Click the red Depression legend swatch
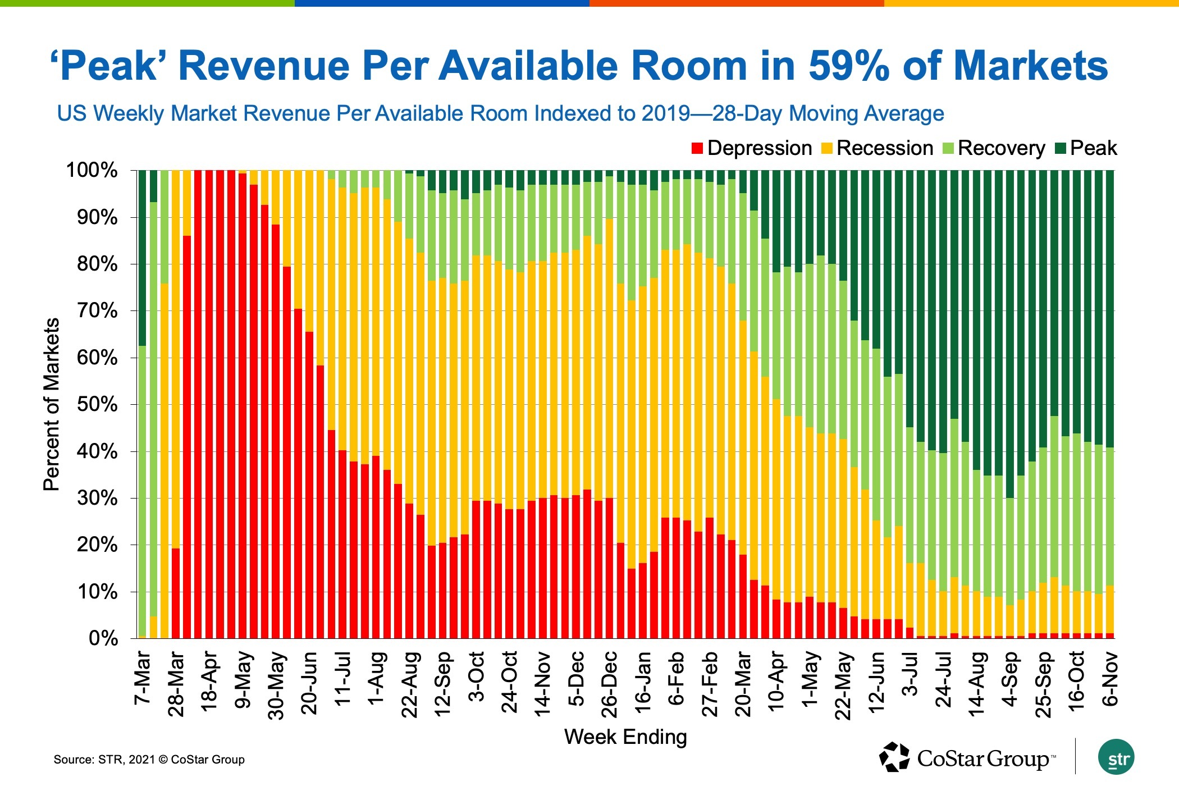697,149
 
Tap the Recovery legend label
1001,148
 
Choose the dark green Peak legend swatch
1061,149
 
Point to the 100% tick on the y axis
92,170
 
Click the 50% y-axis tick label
97,404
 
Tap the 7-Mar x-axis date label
143,678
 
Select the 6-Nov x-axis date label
1109,679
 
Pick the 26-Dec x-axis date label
610,684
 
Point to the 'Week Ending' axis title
625,737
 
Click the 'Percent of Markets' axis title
51,404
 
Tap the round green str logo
1116,758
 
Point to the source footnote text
149,760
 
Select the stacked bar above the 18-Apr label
209,404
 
